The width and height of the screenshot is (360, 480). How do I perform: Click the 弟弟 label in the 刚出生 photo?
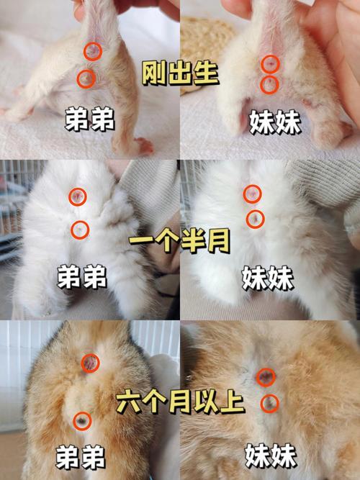click(89, 121)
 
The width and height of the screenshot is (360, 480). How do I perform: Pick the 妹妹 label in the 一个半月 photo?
click(268, 277)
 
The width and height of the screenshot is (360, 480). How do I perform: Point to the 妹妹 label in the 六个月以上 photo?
click(271, 456)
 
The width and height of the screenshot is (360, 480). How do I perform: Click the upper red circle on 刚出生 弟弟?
click(93, 51)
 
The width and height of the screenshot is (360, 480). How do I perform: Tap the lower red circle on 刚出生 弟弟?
click(86, 78)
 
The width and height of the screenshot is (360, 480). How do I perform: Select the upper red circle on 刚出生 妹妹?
click(269, 64)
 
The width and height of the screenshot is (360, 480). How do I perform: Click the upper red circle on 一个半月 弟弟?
click(78, 196)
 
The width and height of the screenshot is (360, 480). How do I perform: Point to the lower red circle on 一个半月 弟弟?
click(80, 230)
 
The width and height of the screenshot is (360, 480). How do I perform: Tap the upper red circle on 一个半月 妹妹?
click(252, 193)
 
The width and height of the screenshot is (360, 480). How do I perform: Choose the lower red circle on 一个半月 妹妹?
click(255, 218)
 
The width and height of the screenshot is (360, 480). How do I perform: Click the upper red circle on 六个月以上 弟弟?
click(91, 364)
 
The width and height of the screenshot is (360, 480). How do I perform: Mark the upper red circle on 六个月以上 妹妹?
click(266, 376)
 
